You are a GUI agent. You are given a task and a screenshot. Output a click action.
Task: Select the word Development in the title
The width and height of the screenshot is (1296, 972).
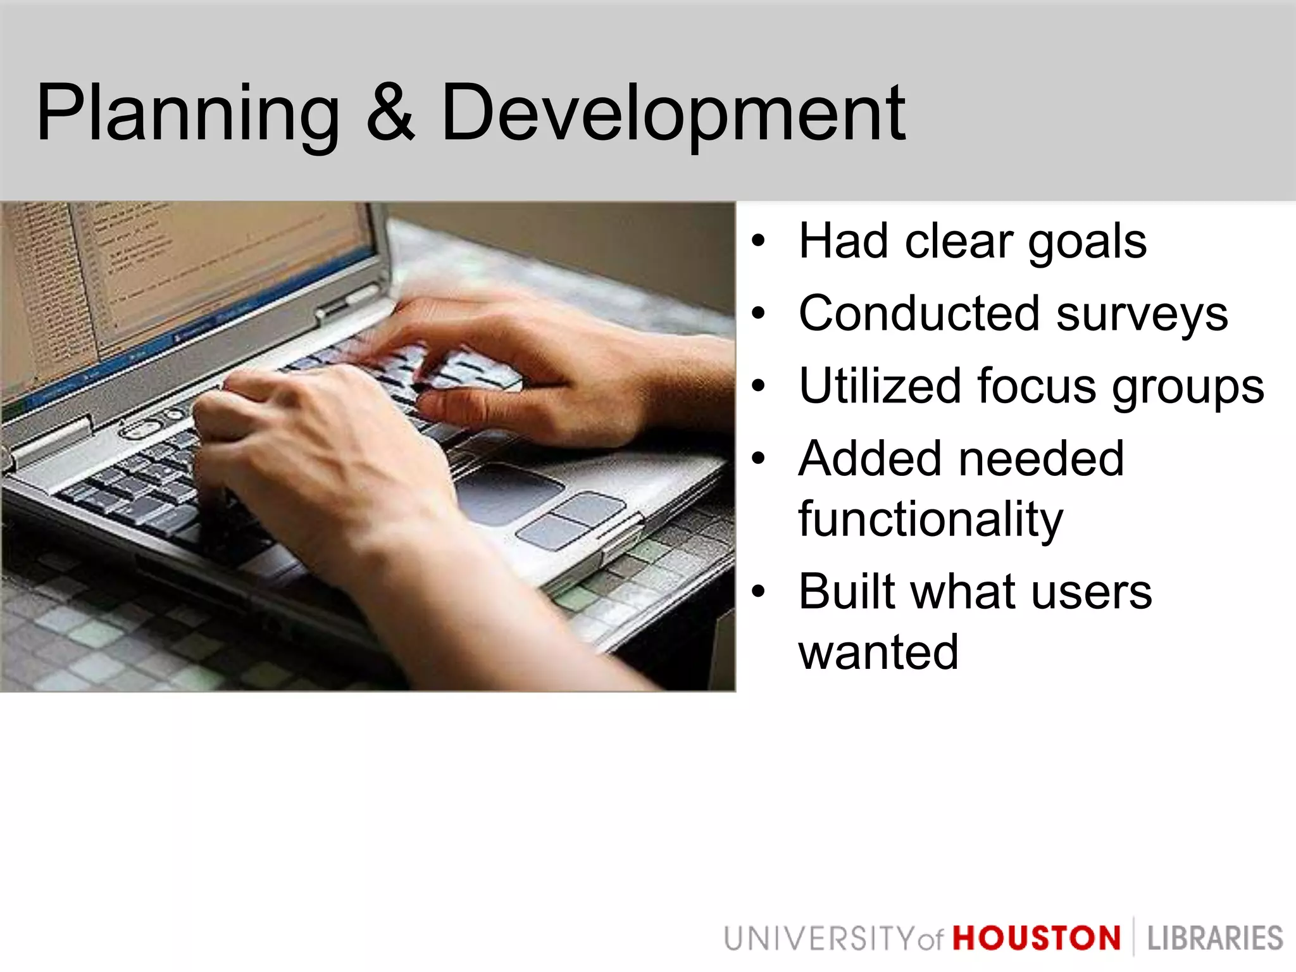(673, 114)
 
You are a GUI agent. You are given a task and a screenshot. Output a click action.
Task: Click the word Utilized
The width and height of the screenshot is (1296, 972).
(880, 386)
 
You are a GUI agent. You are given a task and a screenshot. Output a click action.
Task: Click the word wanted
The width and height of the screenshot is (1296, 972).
(878, 652)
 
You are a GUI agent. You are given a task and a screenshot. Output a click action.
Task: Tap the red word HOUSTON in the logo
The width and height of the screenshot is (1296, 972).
(1037, 938)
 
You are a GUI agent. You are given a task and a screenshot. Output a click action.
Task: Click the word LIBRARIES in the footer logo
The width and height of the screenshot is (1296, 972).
(1214, 938)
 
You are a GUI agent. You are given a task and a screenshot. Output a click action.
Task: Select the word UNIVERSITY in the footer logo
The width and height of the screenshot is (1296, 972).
(819, 938)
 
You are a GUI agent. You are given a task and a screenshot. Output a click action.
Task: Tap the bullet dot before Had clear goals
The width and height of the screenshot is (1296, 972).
(758, 242)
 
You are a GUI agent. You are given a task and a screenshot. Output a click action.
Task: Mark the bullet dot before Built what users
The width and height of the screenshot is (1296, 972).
(758, 592)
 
